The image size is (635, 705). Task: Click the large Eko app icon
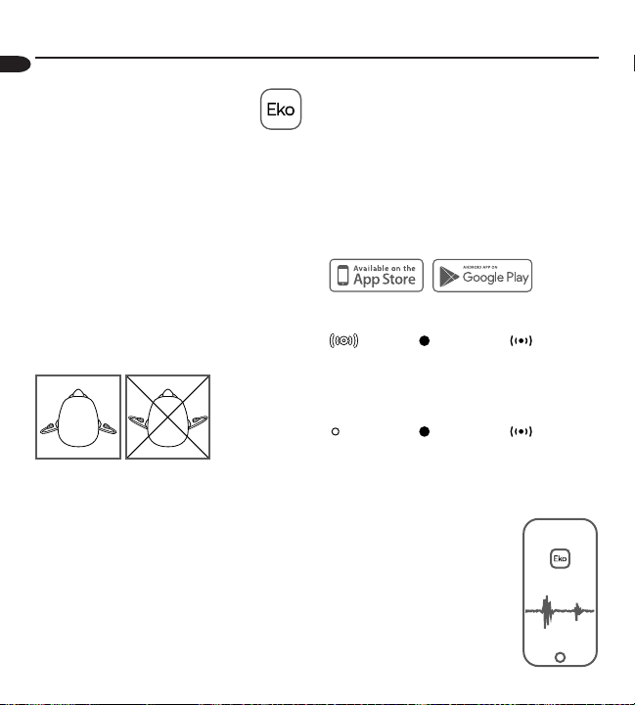click(281, 110)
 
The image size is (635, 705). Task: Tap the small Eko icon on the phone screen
click(560, 558)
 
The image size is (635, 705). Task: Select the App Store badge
click(377, 275)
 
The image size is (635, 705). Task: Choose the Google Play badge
click(482, 276)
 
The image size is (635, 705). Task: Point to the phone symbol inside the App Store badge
click(342, 275)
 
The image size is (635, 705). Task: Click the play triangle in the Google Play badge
click(449, 277)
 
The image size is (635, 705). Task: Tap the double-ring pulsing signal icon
click(343, 341)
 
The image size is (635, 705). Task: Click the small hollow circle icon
click(336, 431)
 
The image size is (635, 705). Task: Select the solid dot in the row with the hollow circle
click(424, 431)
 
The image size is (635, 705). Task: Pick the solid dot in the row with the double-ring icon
click(424, 341)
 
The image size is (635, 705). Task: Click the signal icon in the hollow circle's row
click(522, 431)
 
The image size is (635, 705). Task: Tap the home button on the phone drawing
click(560, 657)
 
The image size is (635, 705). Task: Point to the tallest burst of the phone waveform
click(547, 611)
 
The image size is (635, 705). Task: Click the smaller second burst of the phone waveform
click(577, 611)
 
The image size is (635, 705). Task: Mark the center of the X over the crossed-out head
click(168, 418)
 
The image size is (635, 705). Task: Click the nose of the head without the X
click(78, 393)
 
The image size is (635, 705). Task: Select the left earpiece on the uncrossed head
click(49, 428)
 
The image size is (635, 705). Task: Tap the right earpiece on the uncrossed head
click(108, 428)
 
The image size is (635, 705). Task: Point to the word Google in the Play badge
click(483, 278)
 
